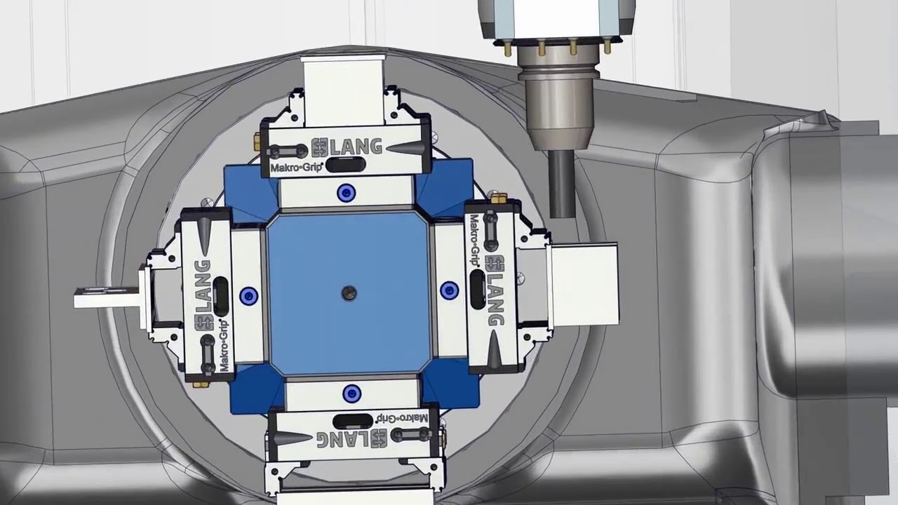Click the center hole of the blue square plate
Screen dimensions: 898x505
tap(349, 293)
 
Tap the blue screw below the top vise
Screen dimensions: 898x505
tap(347, 193)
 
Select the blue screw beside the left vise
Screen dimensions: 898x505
tap(248, 296)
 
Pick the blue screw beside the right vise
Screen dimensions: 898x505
tap(450, 290)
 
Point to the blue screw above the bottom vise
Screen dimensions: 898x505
tap(351, 393)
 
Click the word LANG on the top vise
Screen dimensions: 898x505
tap(356, 147)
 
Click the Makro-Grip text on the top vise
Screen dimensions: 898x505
tap(297, 167)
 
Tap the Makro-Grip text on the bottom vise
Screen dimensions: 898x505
tap(402, 418)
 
